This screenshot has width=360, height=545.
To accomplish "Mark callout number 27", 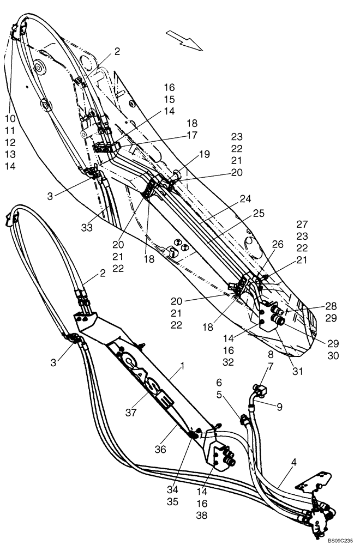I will pos(303,223).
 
